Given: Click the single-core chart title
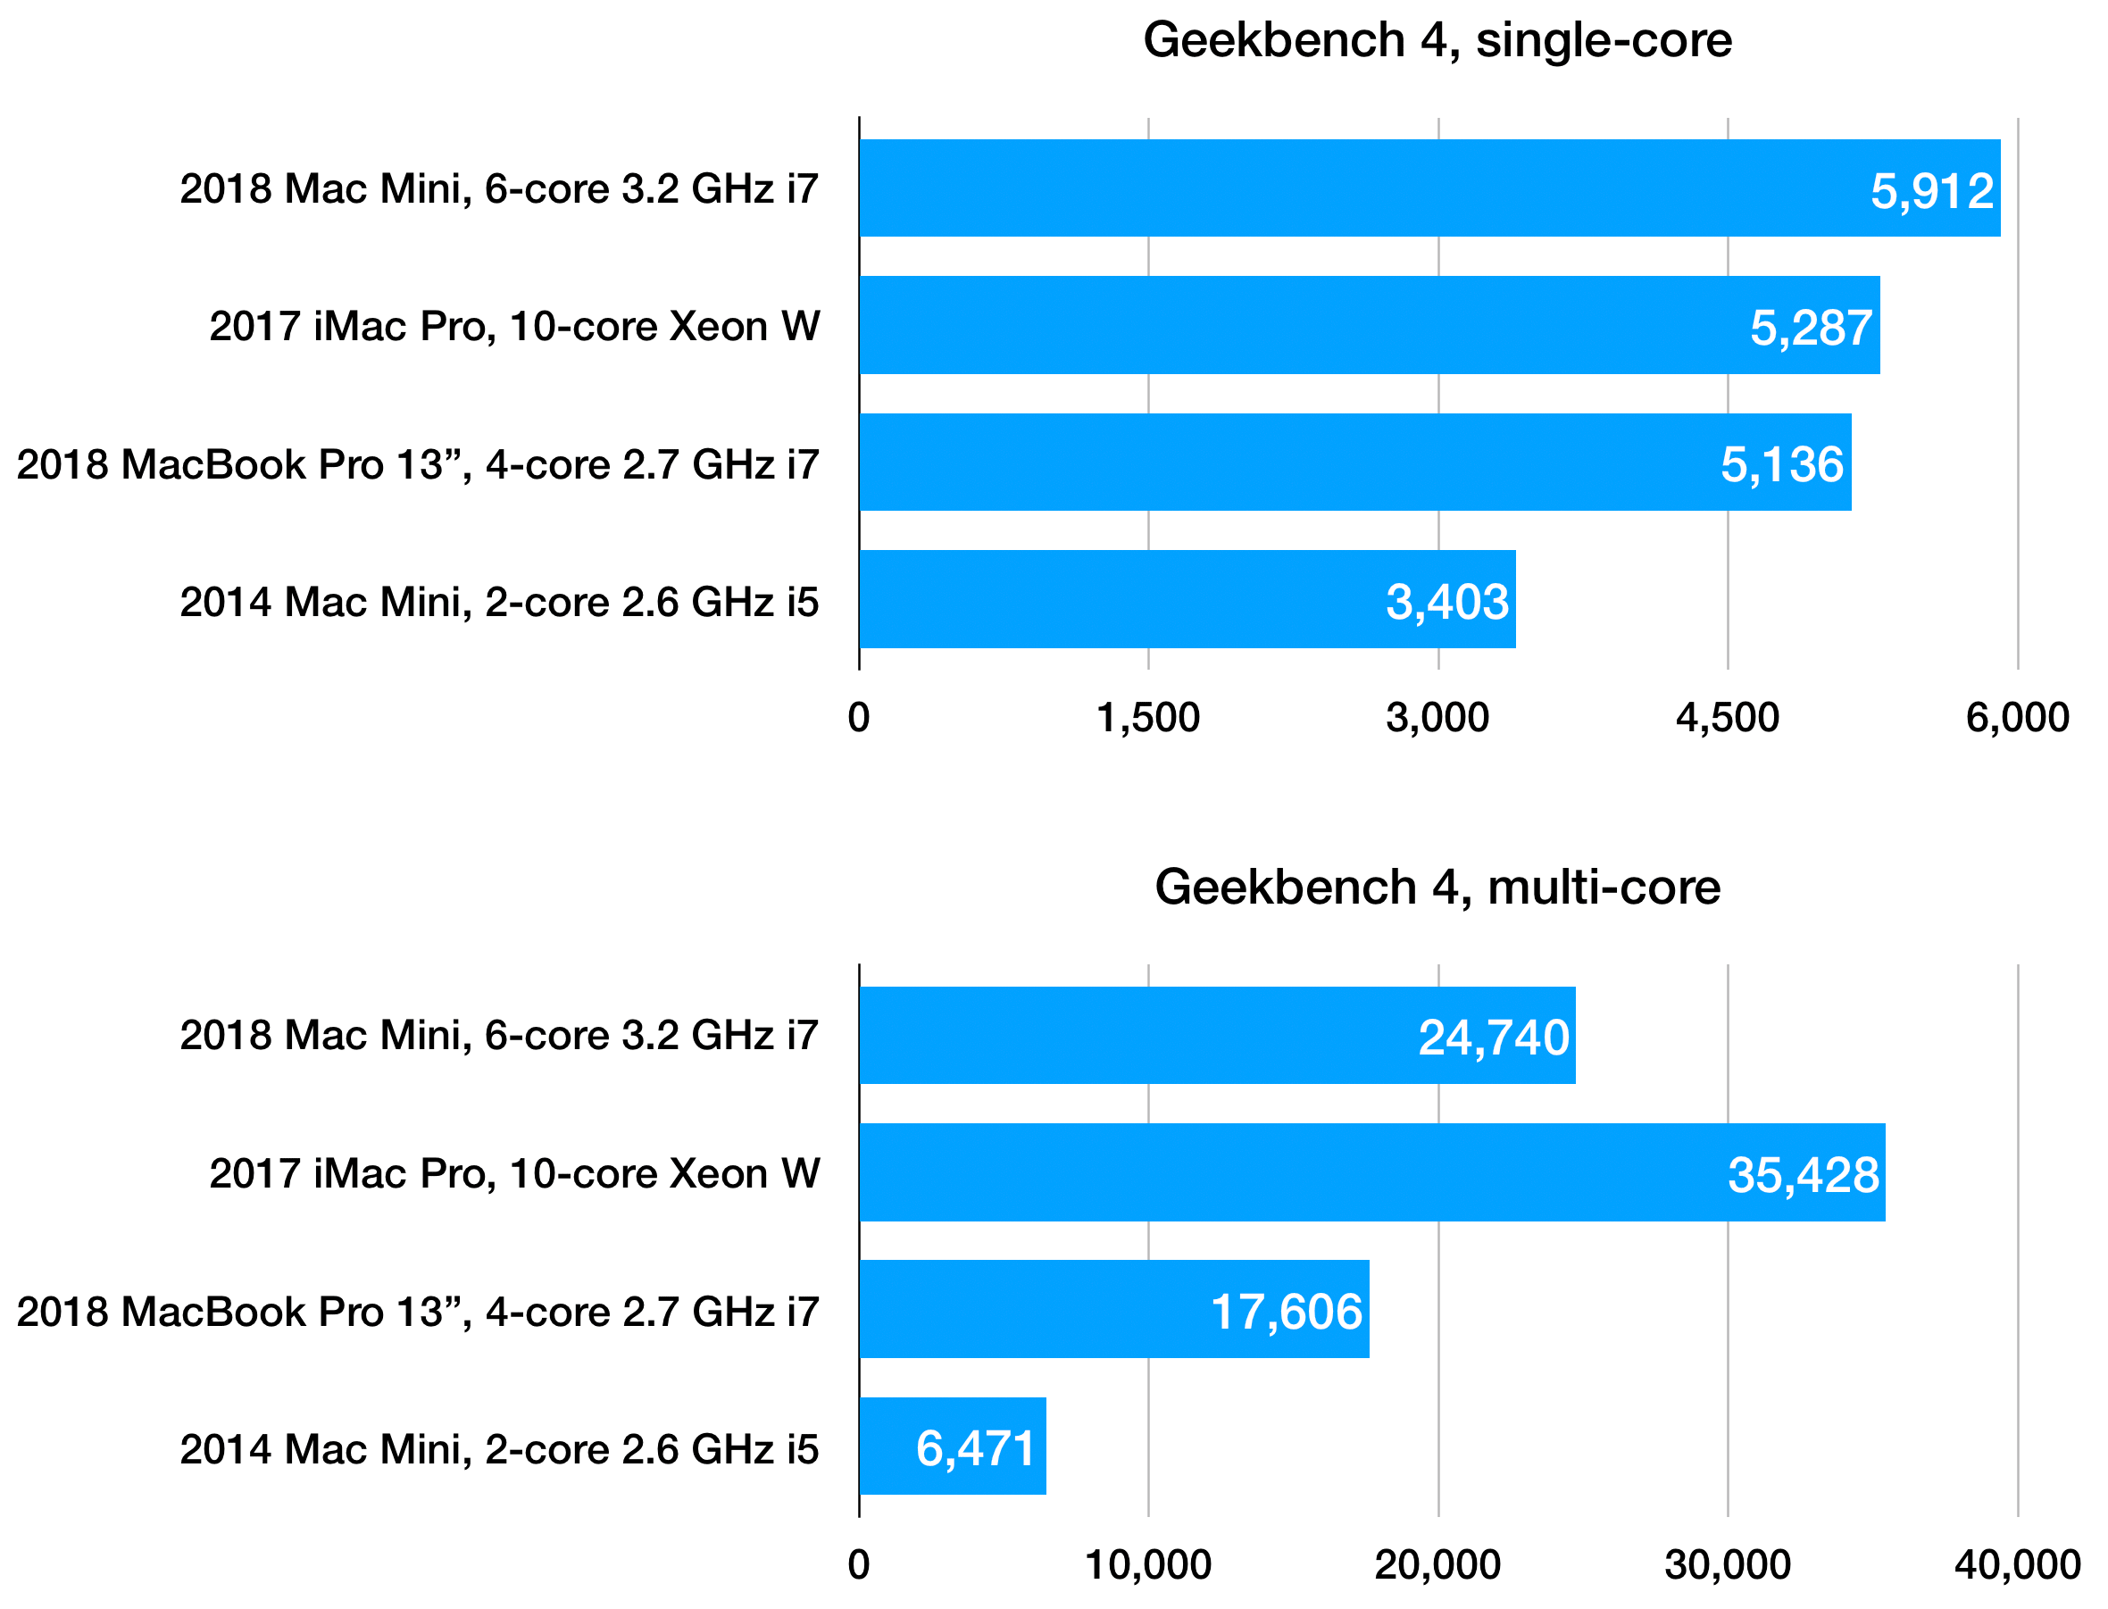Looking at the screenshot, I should point(1437,41).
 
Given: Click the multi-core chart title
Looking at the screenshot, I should point(1437,887).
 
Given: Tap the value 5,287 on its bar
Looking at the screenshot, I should point(1810,329).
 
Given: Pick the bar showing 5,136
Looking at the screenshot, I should point(1354,463).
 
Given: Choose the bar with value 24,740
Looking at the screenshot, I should point(1216,1036).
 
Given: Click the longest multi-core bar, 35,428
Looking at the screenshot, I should point(1371,1173).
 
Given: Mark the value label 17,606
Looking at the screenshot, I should point(1286,1312).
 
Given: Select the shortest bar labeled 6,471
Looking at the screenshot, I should point(952,1448).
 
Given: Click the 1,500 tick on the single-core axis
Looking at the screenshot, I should point(1147,718).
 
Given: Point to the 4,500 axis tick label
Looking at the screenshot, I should point(1727,718).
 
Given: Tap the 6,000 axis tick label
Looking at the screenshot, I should point(2017,718).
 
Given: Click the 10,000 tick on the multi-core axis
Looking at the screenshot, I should point(1147,1566).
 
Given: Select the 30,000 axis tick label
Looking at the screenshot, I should point(1727,1566).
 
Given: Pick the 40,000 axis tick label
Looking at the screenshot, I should point(2017,1566).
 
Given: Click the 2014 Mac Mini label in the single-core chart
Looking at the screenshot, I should point(499,603).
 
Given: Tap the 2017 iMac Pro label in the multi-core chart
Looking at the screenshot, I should point(514,1174).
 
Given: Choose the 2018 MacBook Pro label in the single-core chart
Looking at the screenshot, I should point(418,464).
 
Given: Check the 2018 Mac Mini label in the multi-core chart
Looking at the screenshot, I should point(499,1037).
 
